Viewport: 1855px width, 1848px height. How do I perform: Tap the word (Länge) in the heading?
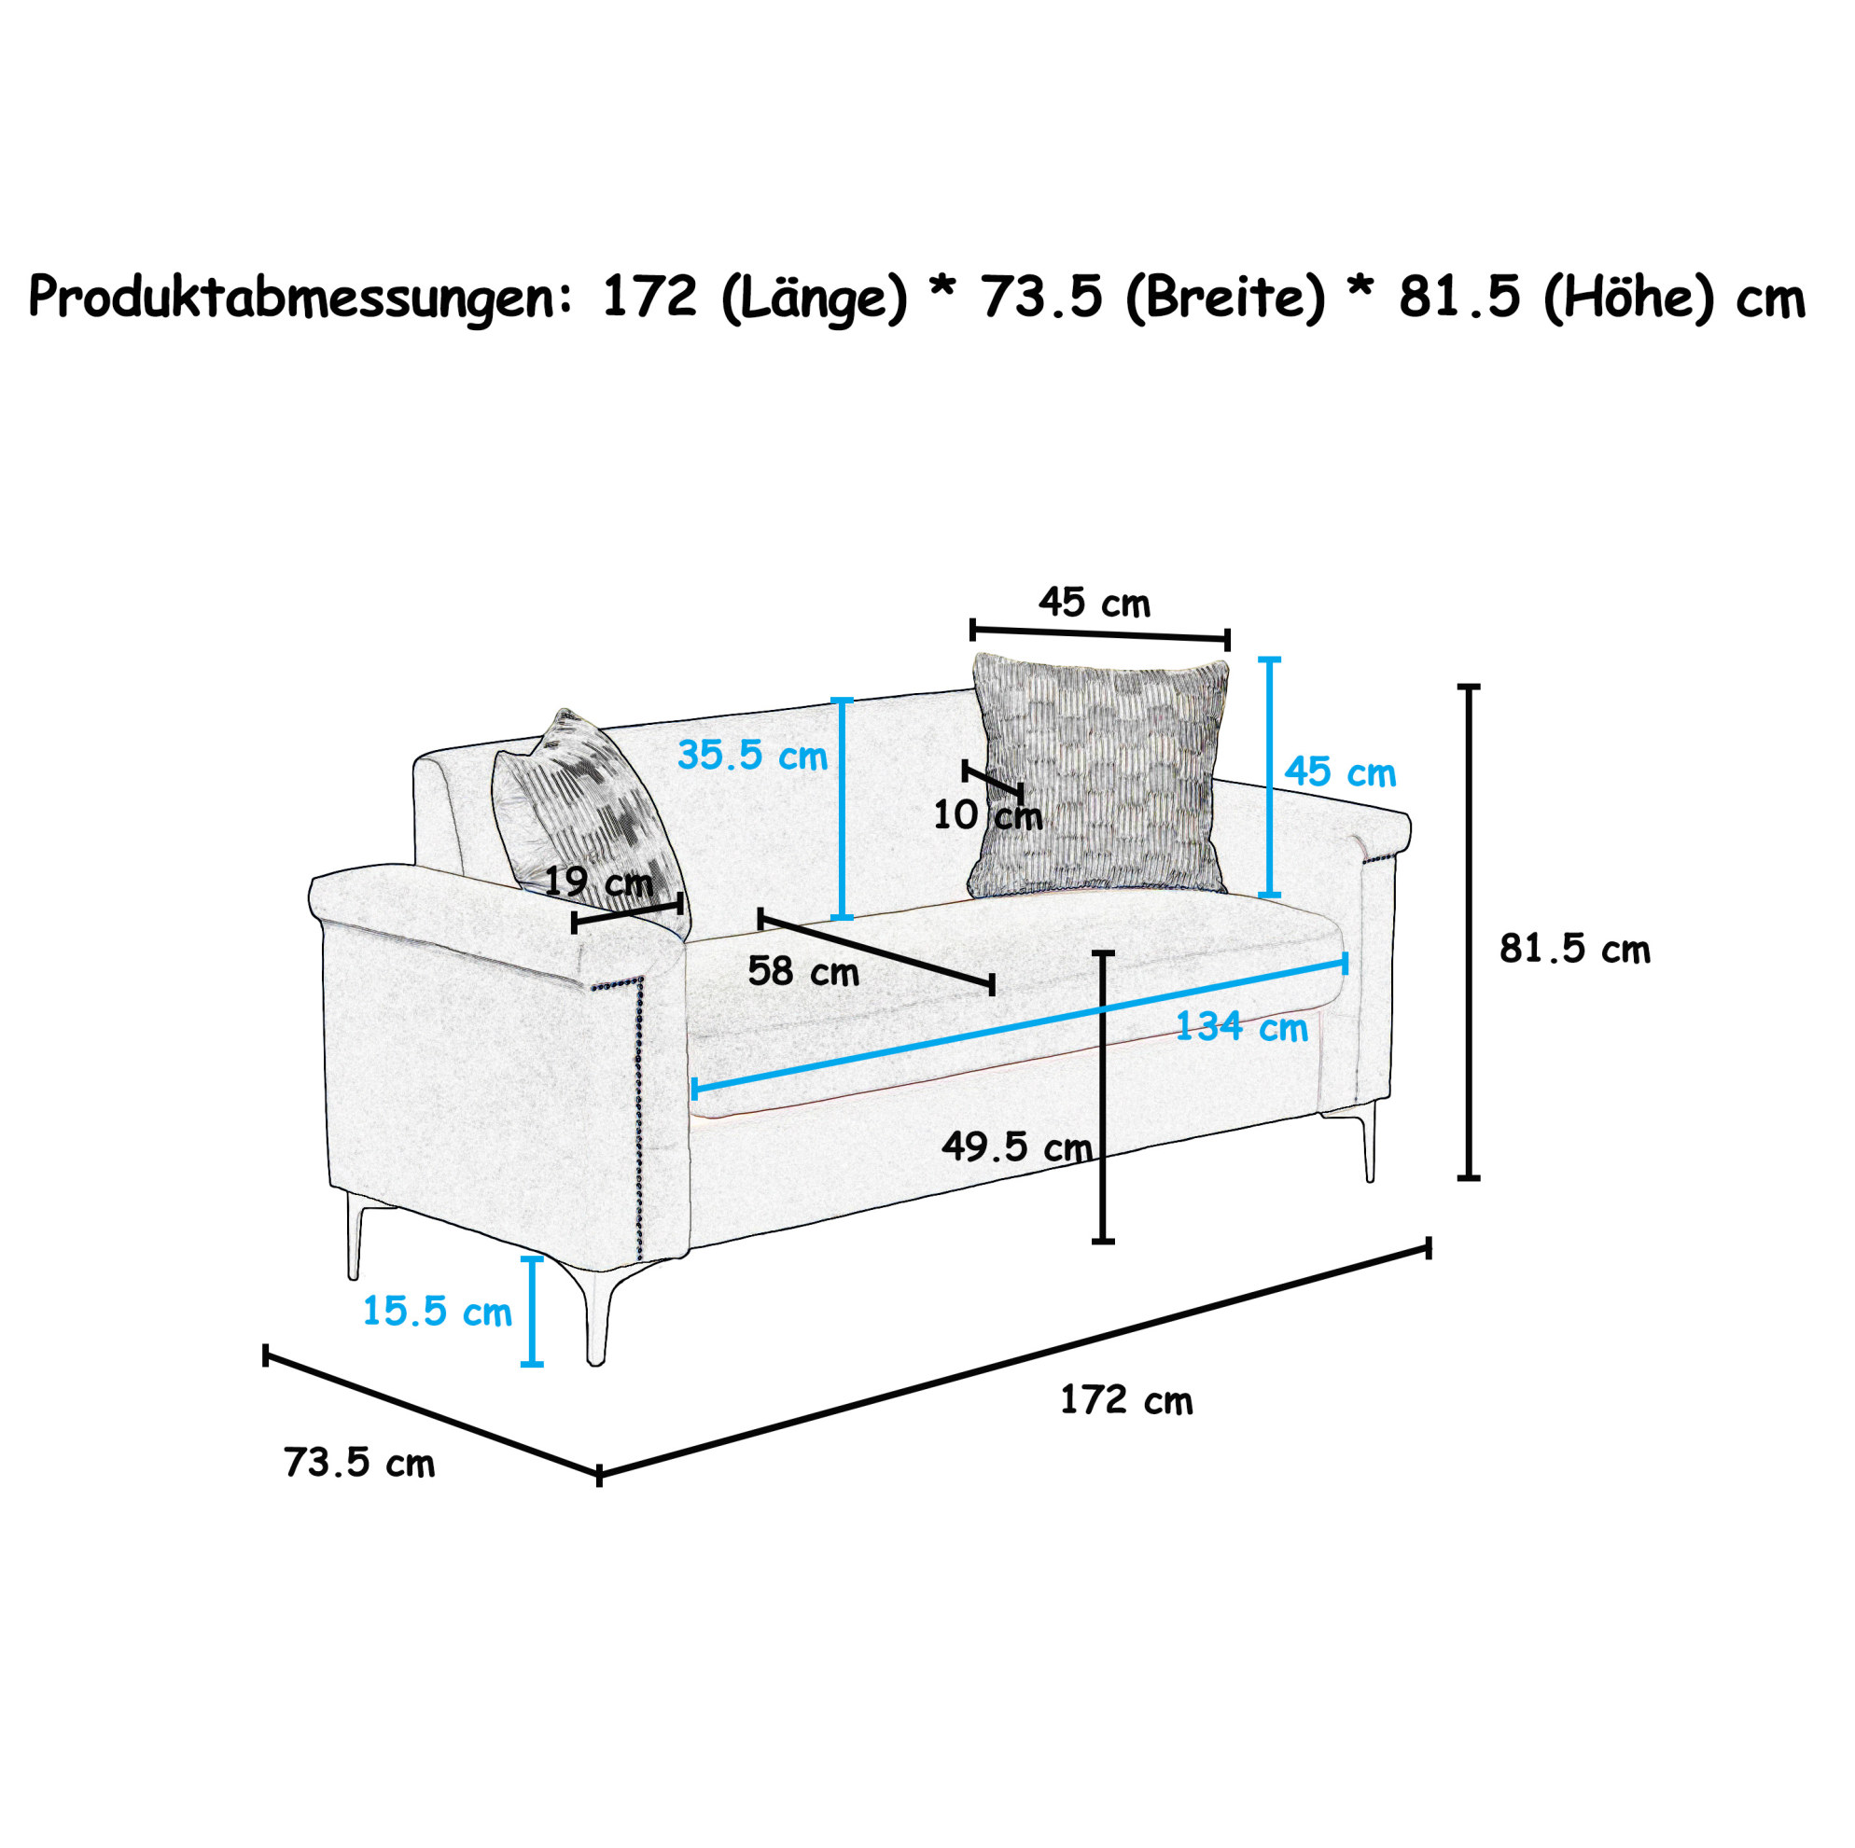[814, 298]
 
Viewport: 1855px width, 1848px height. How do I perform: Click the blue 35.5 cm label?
[752, 756]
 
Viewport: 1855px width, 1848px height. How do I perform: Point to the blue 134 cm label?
[1241, 1027]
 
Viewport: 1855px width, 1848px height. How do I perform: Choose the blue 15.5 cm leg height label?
[437, 1311]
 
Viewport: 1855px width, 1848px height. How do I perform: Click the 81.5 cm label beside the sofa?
[1575, 949]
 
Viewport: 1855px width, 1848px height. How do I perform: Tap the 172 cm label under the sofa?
[1126, 1399]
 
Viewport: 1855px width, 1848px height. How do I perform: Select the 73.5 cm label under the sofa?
[359, 1462]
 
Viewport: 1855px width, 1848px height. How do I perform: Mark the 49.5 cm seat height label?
[1017, 1146]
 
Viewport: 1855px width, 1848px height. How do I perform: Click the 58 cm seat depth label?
[802, 971]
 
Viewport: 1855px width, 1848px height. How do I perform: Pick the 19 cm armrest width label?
[598, 882]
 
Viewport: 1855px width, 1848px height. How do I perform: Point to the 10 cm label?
[988, 815]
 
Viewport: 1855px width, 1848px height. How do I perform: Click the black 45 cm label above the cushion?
[1094, 603]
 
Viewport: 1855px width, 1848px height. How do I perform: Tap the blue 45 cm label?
[1340, 771]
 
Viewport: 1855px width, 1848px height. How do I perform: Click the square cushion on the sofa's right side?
[1099, 774]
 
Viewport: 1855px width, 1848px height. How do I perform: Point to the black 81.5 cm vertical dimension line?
[1468, 932]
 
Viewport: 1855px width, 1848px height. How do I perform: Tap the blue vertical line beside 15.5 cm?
[531, 1311]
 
